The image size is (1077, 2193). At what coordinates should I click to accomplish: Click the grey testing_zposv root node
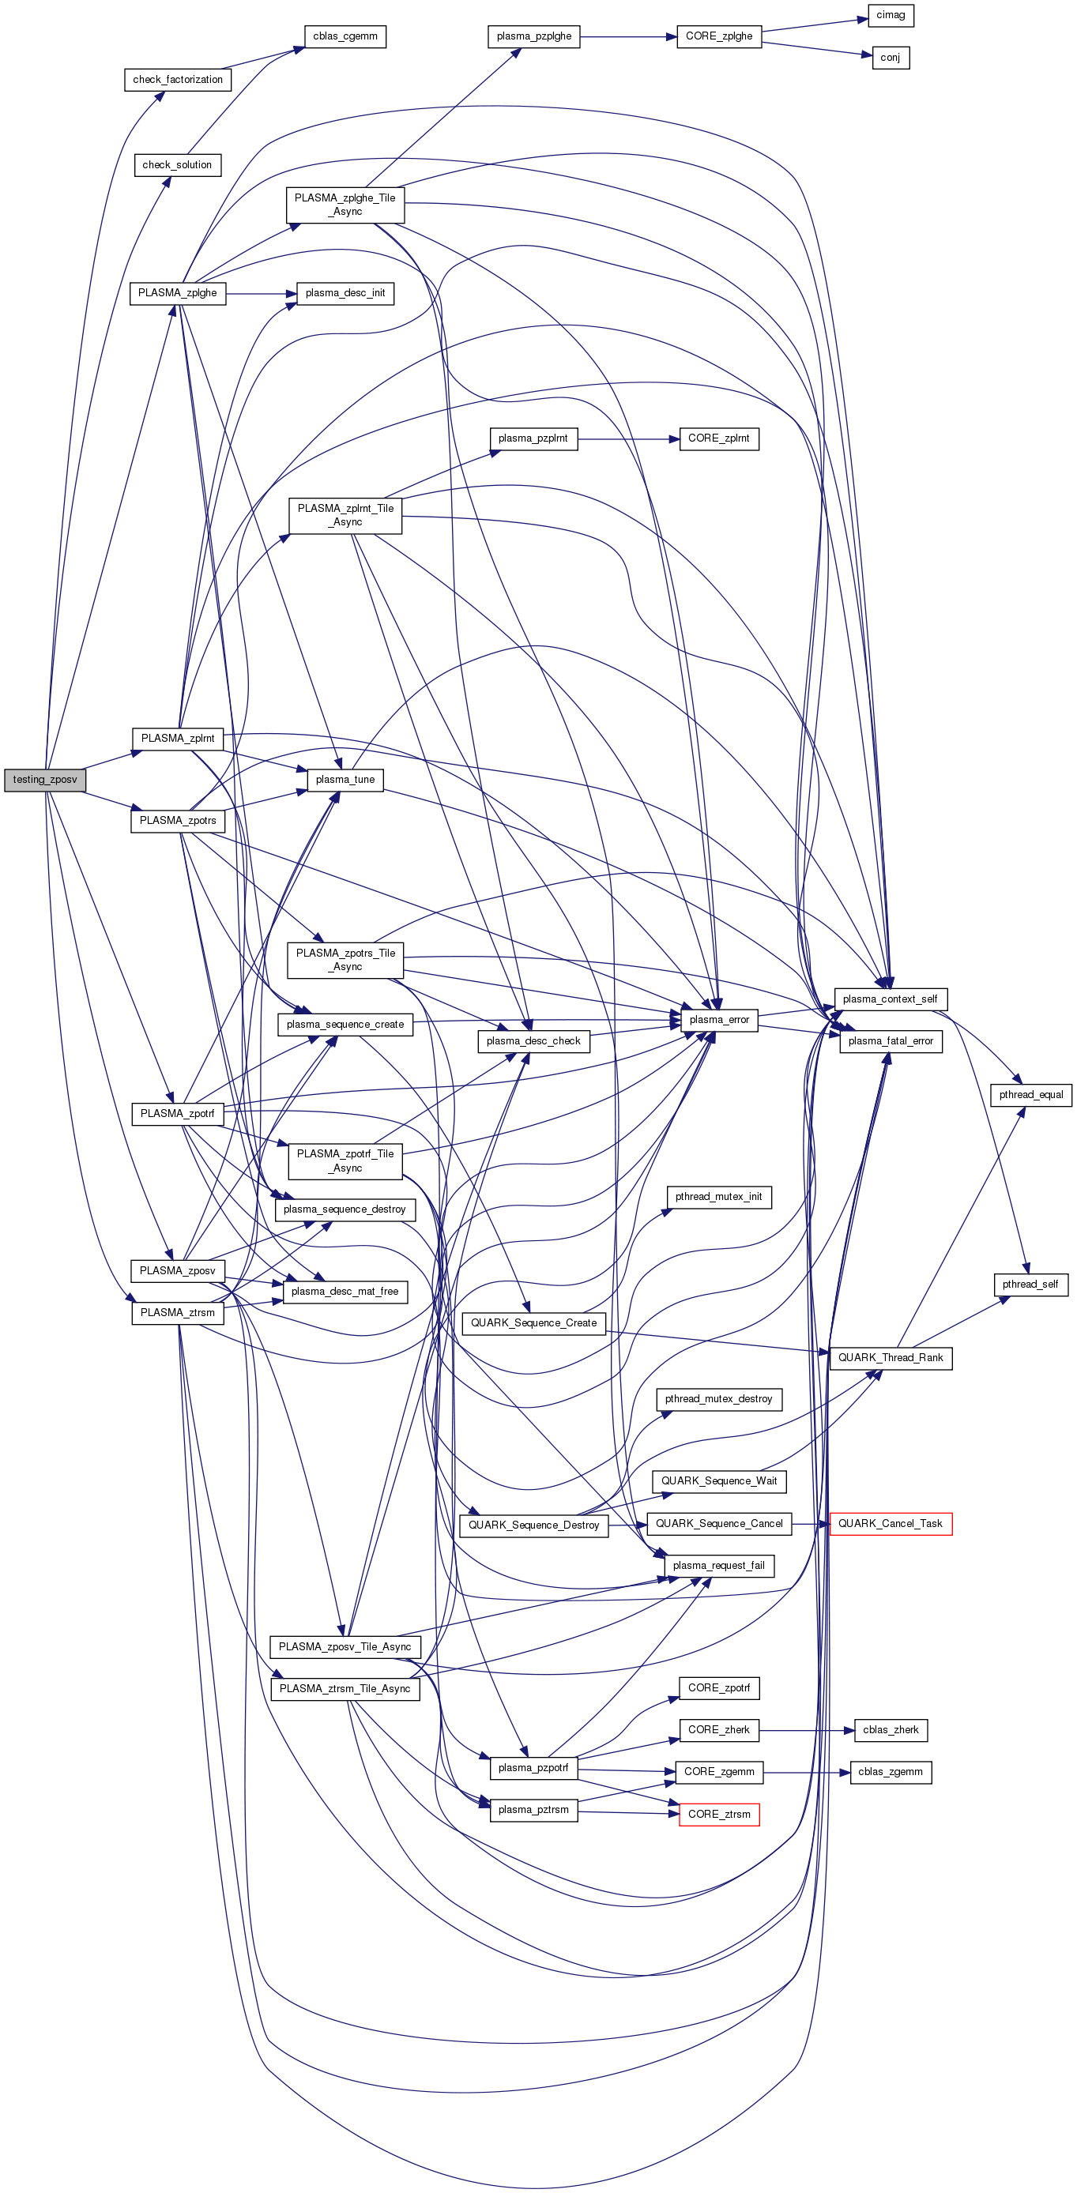click(45, 780)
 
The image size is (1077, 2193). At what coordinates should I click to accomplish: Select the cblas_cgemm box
click(345, 36)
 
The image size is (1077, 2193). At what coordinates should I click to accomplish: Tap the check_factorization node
click(177, 80)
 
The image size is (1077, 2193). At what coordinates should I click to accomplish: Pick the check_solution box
click(177, 165)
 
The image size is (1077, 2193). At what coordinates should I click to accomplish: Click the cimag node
click(891, 15)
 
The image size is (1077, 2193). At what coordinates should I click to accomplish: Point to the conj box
click(891, 58)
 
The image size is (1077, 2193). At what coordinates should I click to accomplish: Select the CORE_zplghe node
click(718, 36)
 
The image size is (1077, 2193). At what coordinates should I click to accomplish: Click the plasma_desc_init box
click(345, 294)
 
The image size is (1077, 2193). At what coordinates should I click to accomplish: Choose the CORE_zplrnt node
click(718, 438)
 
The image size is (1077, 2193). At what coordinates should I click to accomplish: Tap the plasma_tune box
click(345, 780)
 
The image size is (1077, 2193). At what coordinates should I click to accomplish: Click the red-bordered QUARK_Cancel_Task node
click(890, 1524)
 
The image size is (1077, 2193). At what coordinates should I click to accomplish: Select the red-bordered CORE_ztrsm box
click(718, 1814)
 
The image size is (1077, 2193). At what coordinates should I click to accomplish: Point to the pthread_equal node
click(1030, 1095)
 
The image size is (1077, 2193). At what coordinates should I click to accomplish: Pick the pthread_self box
click(1030, 1285)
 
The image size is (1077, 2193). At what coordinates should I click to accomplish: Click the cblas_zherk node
click(890, 1730)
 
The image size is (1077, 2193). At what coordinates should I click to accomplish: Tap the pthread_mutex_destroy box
click(718, 1399)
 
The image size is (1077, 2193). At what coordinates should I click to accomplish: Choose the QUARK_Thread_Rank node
click(890, 1358)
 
